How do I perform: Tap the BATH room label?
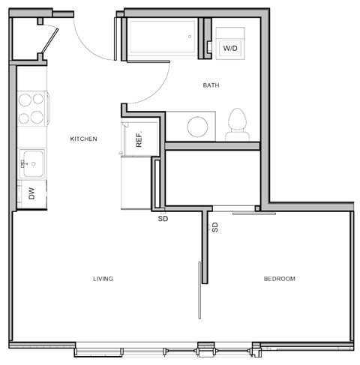coord(211,85)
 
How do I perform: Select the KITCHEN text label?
coord(83,139)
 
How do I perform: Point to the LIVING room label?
coord(103,279)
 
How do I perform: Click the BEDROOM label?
coord(279,279)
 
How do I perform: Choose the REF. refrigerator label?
coord(139,136)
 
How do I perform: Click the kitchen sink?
coord(32,161)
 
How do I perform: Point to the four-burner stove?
coord(31,107)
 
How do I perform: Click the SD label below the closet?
coord(162,220)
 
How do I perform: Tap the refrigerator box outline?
coord(139,136)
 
